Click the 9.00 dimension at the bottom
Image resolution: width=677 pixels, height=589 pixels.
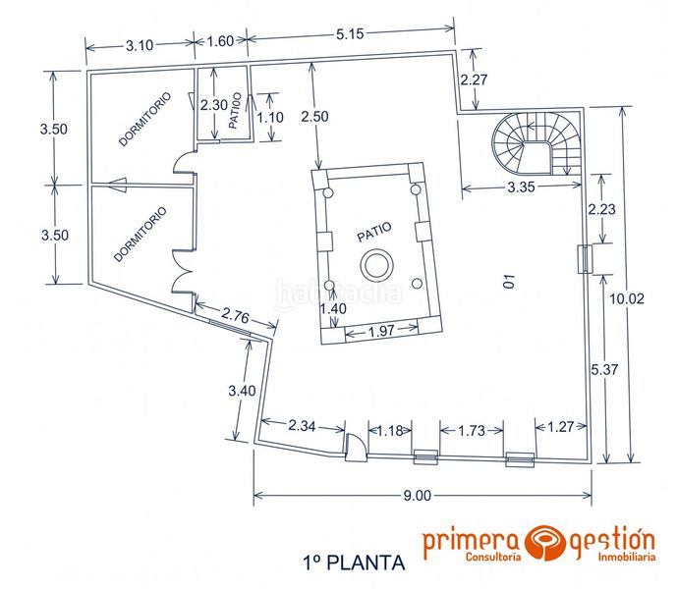point(418,495)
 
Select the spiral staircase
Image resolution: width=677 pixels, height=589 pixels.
point(536,142)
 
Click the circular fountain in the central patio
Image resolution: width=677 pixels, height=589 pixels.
point(375,264)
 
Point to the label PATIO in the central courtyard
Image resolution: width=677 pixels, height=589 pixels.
point(373,233)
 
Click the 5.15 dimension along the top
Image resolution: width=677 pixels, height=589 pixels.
point(351,34)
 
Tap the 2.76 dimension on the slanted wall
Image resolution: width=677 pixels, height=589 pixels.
point(235,316)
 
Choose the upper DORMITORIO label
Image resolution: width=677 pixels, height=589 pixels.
point(144,119)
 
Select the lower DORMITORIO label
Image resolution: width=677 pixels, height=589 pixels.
point(140,234)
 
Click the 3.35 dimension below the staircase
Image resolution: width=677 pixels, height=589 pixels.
point(520,189)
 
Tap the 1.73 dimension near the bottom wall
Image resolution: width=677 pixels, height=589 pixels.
point(473,429)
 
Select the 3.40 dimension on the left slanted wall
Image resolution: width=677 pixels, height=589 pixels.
point(241,391)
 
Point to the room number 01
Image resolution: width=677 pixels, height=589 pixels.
point(509,284)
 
